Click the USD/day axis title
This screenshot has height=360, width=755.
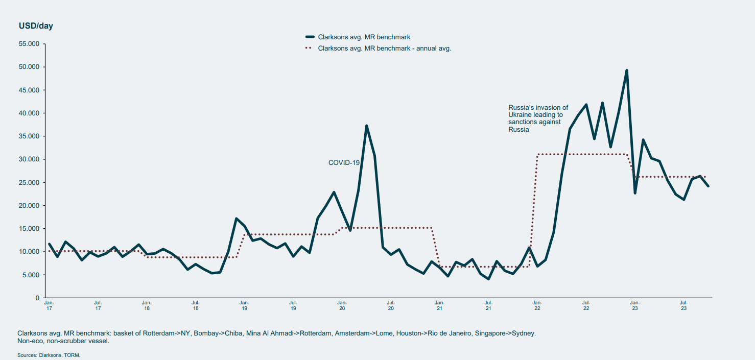[x=36, y=26]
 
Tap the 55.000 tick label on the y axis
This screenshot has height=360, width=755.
[x=29, y=44]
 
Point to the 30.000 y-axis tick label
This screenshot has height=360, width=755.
[x=29, y=159]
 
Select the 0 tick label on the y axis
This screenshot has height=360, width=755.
[x=37, y=298]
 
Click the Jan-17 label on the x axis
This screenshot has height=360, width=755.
[x=49, y=305]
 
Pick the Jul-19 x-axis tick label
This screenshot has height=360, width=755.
[x=293, y=305]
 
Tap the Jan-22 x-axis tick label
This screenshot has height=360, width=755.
[x=537, y=305]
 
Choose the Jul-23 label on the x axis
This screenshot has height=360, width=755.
[x=683, y=305]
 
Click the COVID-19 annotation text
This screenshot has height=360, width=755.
[x=344, y=162]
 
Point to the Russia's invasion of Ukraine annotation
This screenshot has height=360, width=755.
[x=538, y=118]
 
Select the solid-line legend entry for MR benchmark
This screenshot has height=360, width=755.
[x=364, y=37]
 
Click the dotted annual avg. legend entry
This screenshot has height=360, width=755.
[x=384, y=49]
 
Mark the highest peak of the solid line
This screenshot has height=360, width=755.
[x=626, y=70]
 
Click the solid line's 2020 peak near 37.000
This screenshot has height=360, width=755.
[x=366, y=126]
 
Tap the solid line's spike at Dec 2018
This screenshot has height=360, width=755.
[x=236, y=219]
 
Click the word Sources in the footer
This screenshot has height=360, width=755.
[x=27, y=355]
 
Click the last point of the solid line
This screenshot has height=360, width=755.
[x=708, y=186]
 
